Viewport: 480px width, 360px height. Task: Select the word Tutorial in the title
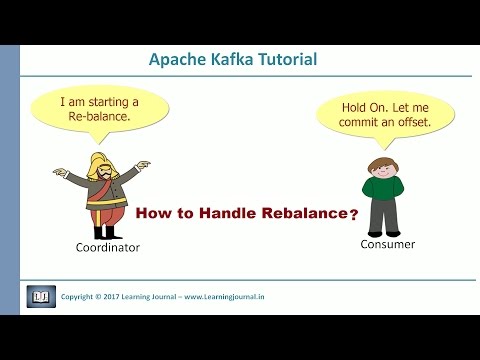click(285, 60)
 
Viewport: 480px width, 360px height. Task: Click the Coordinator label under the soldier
click(106, 247)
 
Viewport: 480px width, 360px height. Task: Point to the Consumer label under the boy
click(386, 243)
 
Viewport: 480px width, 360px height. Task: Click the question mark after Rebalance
click(353, 214)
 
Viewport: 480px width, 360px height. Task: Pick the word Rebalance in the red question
click(304, 213)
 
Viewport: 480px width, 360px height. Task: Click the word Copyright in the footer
click(83, 298)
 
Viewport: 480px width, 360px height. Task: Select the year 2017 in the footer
click(127, 298)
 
